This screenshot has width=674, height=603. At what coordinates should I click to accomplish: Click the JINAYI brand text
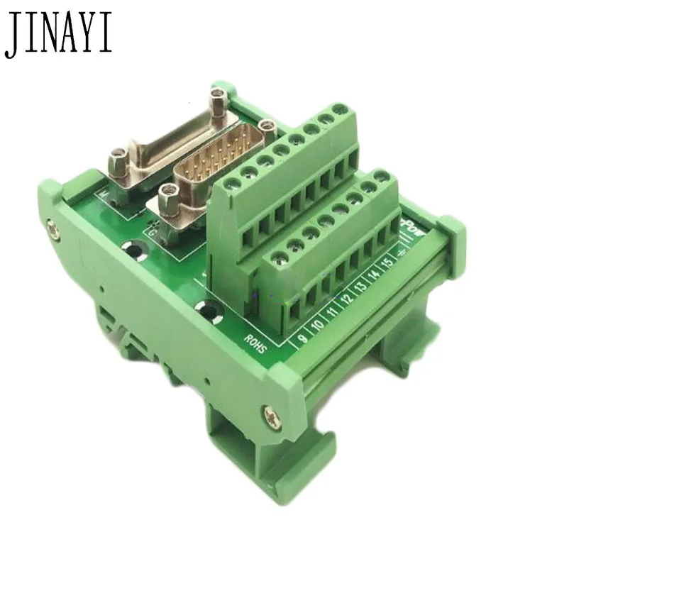[58, 33]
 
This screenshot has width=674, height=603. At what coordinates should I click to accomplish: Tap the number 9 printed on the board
[303, 338]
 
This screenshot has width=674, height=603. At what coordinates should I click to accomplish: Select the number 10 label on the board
[318, 326]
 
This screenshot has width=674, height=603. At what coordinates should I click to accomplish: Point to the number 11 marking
[333, 314]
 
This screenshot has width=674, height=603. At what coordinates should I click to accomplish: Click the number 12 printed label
[348, 301]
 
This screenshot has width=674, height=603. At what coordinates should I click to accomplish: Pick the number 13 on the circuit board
[361, 288]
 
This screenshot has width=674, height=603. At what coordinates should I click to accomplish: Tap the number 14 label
[375, 276]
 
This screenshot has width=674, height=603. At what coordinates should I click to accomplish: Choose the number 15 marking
[388, 263]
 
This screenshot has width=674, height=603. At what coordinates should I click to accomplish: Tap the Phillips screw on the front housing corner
[272, 418]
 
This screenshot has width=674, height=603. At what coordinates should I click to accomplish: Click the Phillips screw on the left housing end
[53, 228]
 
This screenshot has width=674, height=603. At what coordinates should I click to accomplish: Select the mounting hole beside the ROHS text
[207, 310]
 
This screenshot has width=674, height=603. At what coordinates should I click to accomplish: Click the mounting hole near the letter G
[134, 249]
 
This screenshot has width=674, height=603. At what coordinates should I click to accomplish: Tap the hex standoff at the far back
[218, 99]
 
